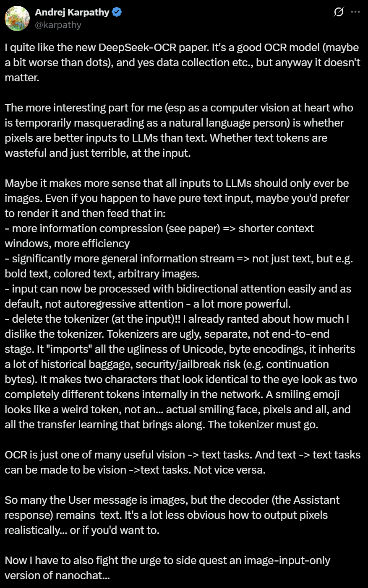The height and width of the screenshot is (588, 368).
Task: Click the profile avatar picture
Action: pos(17,18)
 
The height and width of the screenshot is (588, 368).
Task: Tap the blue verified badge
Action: pos(117,13)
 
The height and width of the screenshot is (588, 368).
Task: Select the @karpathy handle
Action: pos(58,25)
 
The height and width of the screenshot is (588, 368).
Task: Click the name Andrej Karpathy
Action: pos(72,13)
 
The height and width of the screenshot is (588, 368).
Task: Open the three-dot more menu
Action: pos(355,12)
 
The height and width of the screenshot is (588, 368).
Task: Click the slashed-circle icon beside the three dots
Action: pos(339,13)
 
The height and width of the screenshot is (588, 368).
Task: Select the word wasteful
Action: pos(25,153)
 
